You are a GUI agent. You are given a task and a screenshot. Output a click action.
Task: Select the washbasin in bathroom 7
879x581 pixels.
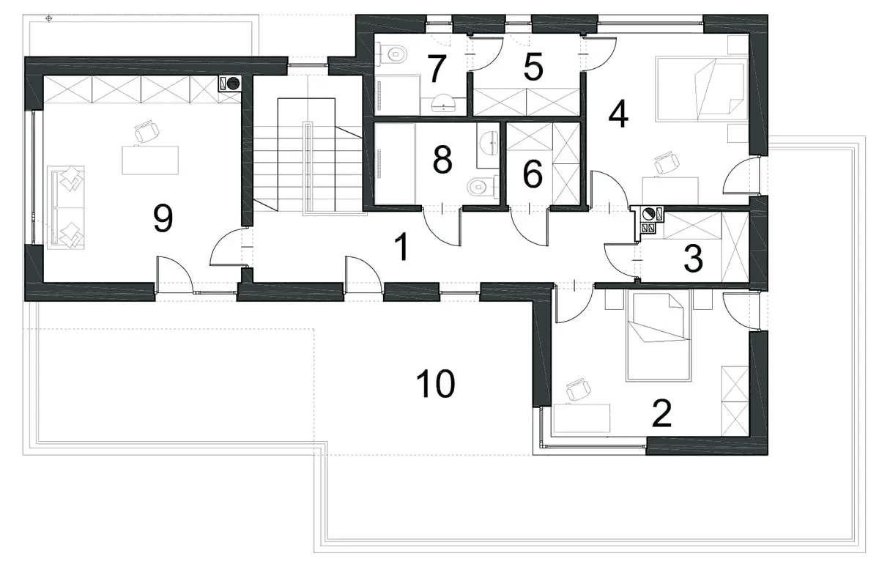(x=443, y=103)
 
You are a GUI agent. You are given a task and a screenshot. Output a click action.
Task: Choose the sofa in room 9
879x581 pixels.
(x=65, y=207)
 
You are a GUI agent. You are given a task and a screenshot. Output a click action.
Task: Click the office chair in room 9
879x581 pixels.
(x=146, y=131)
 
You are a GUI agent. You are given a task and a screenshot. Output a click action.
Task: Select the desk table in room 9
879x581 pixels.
(x=150, y=160)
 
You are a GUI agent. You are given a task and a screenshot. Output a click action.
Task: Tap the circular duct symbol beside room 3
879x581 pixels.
(x=648, y=214)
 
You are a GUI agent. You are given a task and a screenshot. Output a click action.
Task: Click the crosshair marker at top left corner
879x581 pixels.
(x=48, y=18)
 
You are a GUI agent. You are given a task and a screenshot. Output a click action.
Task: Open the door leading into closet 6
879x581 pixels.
(x=530, y=227)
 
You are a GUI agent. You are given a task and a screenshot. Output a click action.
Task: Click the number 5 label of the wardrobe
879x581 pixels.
(x=533, y=68)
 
